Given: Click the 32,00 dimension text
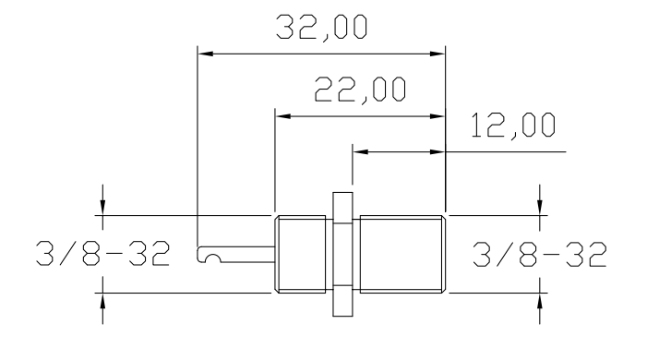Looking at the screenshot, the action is click(x=321, y=28).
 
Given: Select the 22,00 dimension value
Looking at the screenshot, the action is click(x=360, y=90).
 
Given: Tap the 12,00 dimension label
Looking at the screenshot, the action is click(x=512, y=125).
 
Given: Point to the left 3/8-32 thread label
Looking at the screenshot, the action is click(x=102, y=253).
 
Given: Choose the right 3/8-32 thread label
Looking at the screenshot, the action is click(x=540, y=254).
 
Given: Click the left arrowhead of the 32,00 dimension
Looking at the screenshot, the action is click(x=205, y=54).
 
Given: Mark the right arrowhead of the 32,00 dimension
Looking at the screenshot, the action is click(x=437, y=54).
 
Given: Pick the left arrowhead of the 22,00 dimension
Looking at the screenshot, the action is click(x=282, y=116).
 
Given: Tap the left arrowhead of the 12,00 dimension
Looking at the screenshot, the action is click(x=360, y=151).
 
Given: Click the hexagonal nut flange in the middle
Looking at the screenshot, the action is click(x=342, y=254).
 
